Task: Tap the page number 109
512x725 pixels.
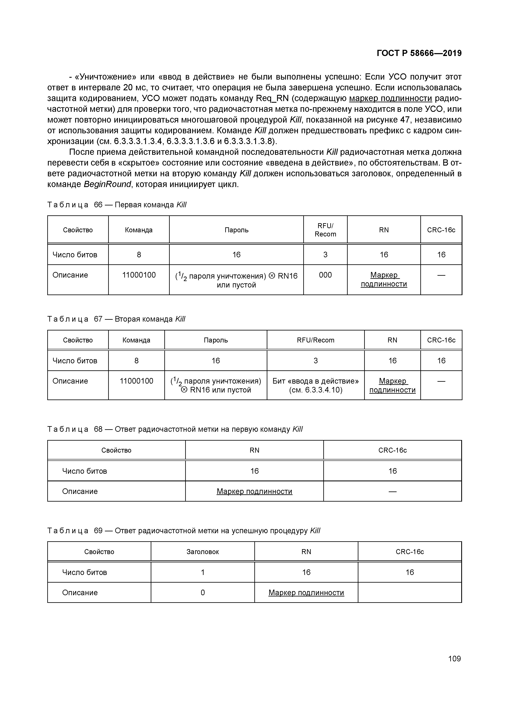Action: tap(454, 659)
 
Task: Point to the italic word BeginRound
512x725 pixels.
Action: tap(107, 184)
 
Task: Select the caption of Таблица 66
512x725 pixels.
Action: tap(117, 205)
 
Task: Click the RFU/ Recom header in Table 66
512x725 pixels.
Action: tap(325, 230)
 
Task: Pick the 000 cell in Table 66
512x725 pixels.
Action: tap(325, 275)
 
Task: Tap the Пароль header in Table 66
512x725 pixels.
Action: tap(236, 230)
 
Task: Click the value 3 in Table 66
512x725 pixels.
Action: tap(325, 254)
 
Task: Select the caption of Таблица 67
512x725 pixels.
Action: tap(116, 319)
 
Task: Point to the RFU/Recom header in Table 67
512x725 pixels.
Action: tap(315, 340)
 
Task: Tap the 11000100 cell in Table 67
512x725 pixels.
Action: tap(136, 381)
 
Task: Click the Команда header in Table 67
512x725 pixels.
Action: tap(136, 340)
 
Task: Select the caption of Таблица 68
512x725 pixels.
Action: tap(175, 429)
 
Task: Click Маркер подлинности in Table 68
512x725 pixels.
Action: tap(254, 491)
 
